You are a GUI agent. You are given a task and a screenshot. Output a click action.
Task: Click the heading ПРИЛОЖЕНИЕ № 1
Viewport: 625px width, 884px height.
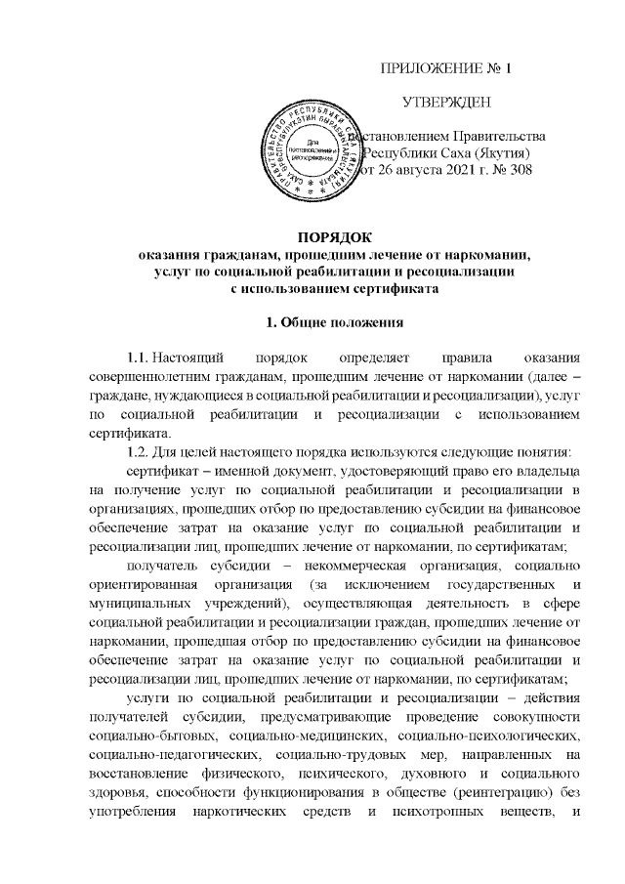coord(445,69)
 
